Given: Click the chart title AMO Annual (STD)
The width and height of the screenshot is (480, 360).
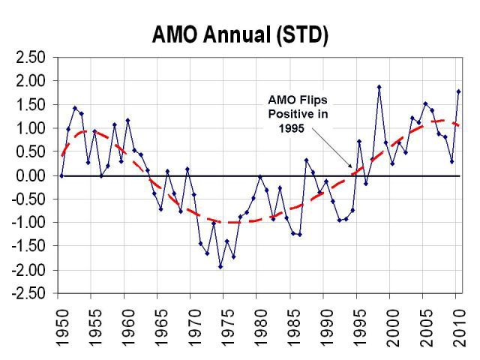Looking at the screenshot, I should tap(240, 34).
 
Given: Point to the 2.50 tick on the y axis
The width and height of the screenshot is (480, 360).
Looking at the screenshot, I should tap(31, 58).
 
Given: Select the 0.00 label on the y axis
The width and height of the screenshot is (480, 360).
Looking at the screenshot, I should tap(31, 175).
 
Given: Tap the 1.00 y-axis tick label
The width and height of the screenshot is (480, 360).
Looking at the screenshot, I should tap(31, 128).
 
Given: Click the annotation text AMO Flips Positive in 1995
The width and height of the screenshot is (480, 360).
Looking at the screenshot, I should tap(298, 113).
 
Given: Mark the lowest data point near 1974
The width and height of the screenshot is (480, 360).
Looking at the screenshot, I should tap(220, 266).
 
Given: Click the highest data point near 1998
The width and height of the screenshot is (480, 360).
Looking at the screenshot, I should tap(379, 87).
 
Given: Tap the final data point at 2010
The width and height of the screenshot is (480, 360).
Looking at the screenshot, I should tap(458, 91).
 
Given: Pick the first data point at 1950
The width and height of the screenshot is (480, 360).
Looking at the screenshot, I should tap(61, 175).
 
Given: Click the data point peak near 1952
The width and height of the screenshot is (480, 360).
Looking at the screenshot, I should tap(75, 108).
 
